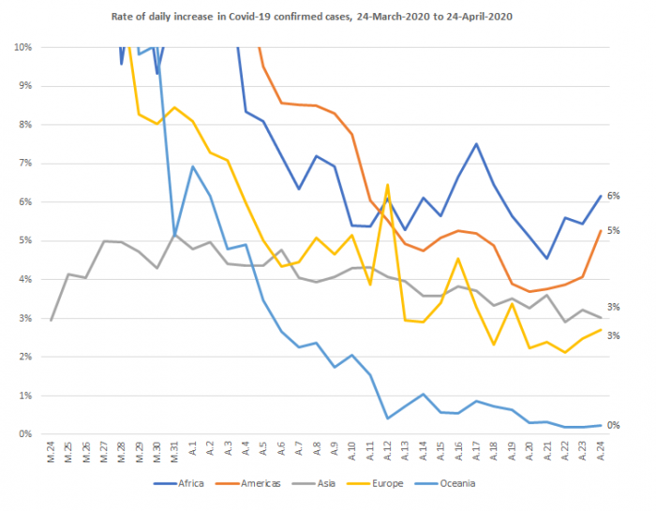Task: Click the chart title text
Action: (x=328, y=16)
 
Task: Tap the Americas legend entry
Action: (x=251, y=483)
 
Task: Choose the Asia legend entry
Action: (x=318, y=483)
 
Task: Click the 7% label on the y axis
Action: (x=24, y=163)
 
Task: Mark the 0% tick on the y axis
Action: (x=24, y=434)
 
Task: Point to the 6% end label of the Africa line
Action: (x=615, y=196)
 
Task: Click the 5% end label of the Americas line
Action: (x=615, y=230)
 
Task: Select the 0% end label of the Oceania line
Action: (x=615, y=425)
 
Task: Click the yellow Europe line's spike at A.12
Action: (x=387, y=185)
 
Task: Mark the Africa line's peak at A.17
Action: (x=476, y=144)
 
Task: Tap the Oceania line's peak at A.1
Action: (x=192, y=167)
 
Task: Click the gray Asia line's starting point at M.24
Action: (x=52, y=320)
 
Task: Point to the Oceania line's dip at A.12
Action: (x=387, y=418)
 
